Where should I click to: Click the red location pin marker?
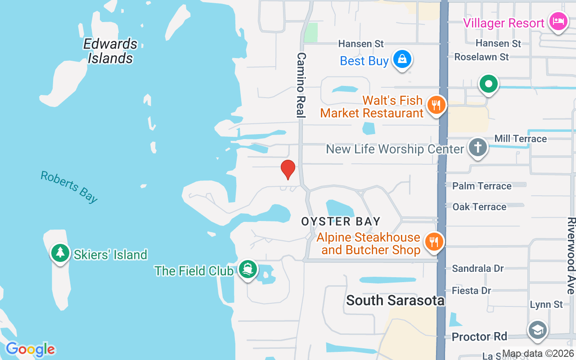tap(288, 169)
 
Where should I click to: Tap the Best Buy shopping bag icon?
tap(402, 59)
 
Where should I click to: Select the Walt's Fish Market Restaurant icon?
tap(436, 106)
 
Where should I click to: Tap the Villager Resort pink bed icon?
tap(558, 21)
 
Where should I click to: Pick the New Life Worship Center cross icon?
tap(478, 148)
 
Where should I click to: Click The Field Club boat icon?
tap(247, 270)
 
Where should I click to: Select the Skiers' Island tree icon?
tap(60, 253)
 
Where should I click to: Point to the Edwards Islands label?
tap(110, 51)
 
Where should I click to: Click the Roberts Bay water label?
tap(69, 187)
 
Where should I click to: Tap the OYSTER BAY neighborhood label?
tap(341, 221)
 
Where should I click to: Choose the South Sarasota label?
tap(396, 301)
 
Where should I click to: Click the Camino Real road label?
tap(301, 85)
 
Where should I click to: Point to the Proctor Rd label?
tap(479, 337)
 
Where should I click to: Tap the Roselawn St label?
tap(481, 57)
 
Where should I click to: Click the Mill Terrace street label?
tap(521, 139)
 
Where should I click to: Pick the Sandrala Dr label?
tap(478, 269)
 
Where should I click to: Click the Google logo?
tap(31, 349)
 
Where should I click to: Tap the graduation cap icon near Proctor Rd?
tap(537, 331)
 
